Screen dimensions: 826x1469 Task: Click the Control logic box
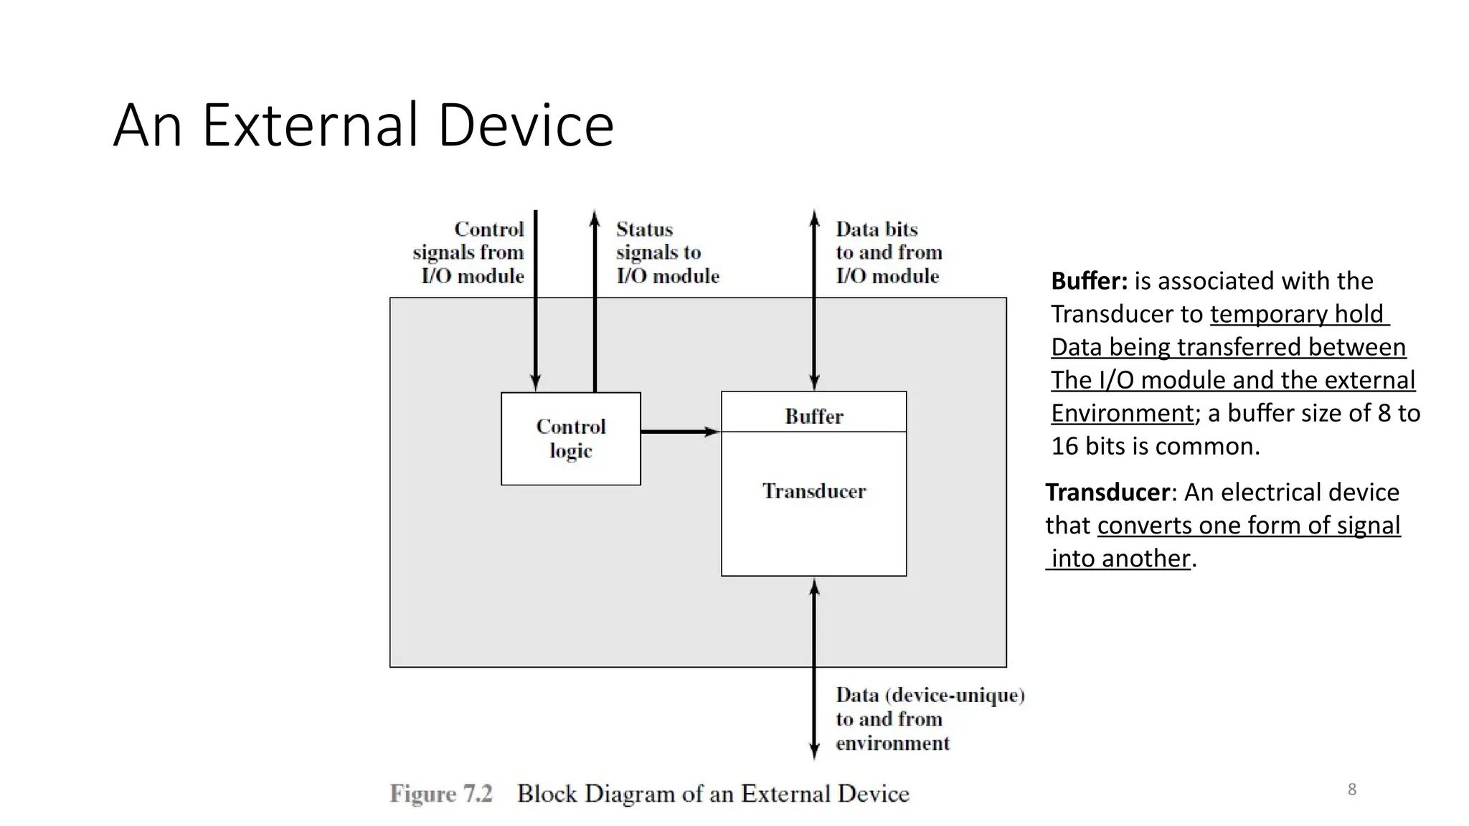pos(570,438)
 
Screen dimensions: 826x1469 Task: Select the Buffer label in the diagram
pos(813,416)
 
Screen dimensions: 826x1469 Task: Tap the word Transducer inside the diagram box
pos(813,491)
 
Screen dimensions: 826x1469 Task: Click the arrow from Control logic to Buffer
pos(680,432)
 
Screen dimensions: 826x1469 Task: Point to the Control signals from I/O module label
pos(470,252)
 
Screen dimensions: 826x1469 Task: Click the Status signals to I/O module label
pos(666,252)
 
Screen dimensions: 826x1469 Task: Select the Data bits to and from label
pos(888,252)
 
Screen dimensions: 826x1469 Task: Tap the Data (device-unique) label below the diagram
pos(929,718)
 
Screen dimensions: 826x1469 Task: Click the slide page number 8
pos(1351,789)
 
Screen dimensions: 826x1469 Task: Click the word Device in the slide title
pos(525,125)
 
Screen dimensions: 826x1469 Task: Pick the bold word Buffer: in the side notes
pos(1089,281)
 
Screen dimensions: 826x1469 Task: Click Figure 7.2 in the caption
pos(441,794)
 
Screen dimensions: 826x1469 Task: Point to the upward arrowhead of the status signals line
pos(595,216)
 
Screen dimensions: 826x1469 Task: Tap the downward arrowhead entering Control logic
pos(535,384)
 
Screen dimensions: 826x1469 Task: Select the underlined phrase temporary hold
pos(1298,314)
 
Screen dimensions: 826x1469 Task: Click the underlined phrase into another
pos(1120,559)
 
